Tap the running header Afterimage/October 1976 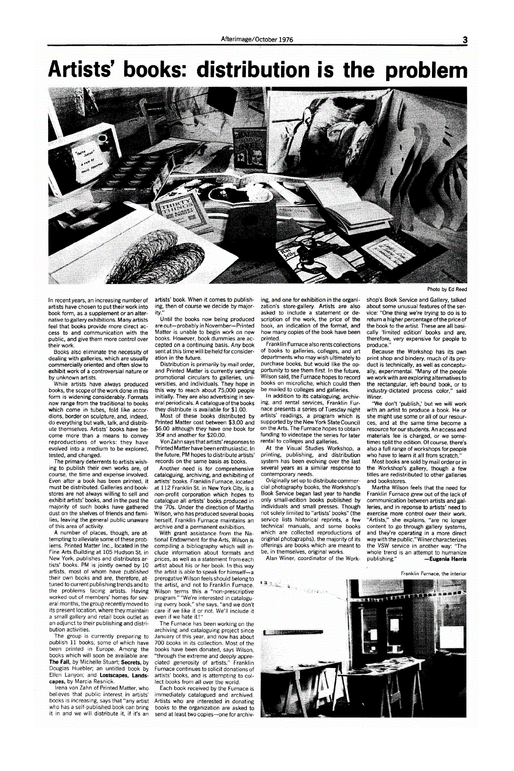[x=257, y=39]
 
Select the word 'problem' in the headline [x=426, y=70]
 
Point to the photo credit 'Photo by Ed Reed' [x=447, y=289]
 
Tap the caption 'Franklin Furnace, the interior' [x=433, y=573]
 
